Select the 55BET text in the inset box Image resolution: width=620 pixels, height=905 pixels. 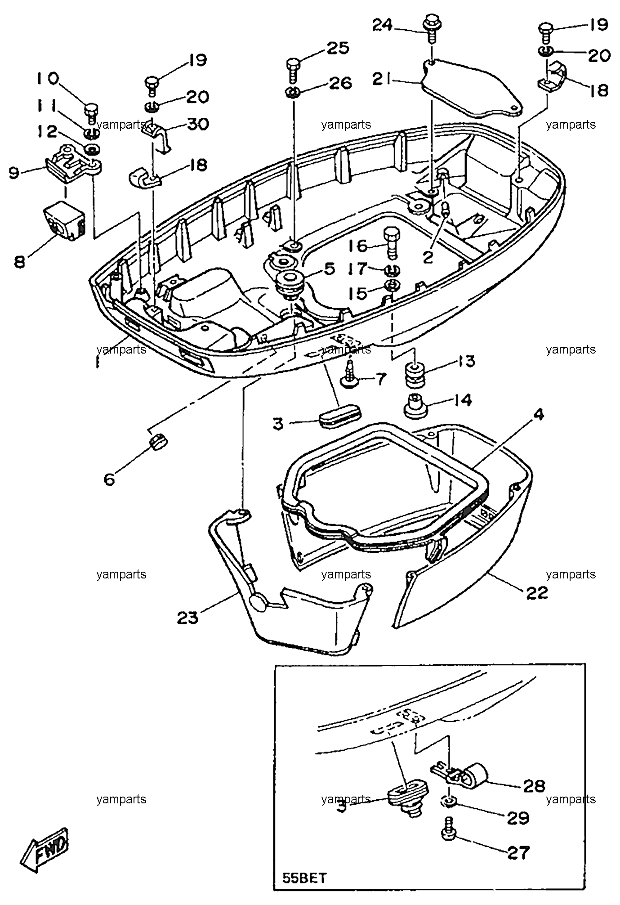303,878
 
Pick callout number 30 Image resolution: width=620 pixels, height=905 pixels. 197,123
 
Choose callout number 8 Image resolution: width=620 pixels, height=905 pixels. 20,262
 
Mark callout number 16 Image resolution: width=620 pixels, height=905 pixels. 357,246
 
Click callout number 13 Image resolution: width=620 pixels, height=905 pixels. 466,361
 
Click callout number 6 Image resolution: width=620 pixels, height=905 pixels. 109,479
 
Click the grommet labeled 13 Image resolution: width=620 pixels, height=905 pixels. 415,372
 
